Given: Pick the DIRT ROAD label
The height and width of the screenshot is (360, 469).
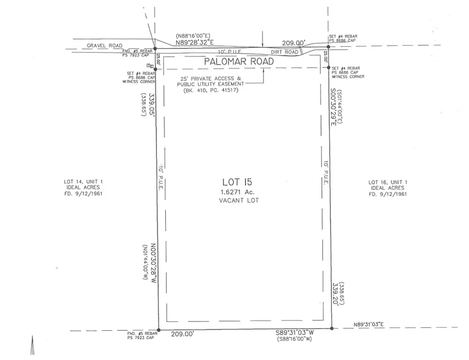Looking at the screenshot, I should point(285,52).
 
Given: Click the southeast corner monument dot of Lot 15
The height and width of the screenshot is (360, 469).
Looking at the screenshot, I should point(331,328).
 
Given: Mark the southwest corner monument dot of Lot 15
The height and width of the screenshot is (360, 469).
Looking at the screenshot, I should point(159,330).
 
